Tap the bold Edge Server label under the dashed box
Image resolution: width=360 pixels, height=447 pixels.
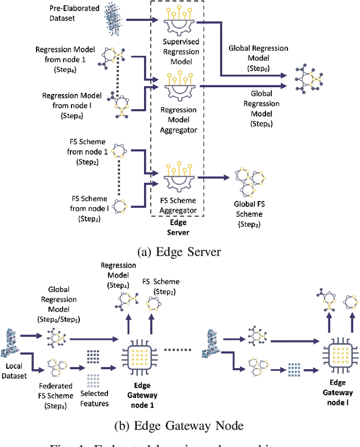click(x=177, y=227)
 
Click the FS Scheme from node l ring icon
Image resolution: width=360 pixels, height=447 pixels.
click(x=120, y=207)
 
